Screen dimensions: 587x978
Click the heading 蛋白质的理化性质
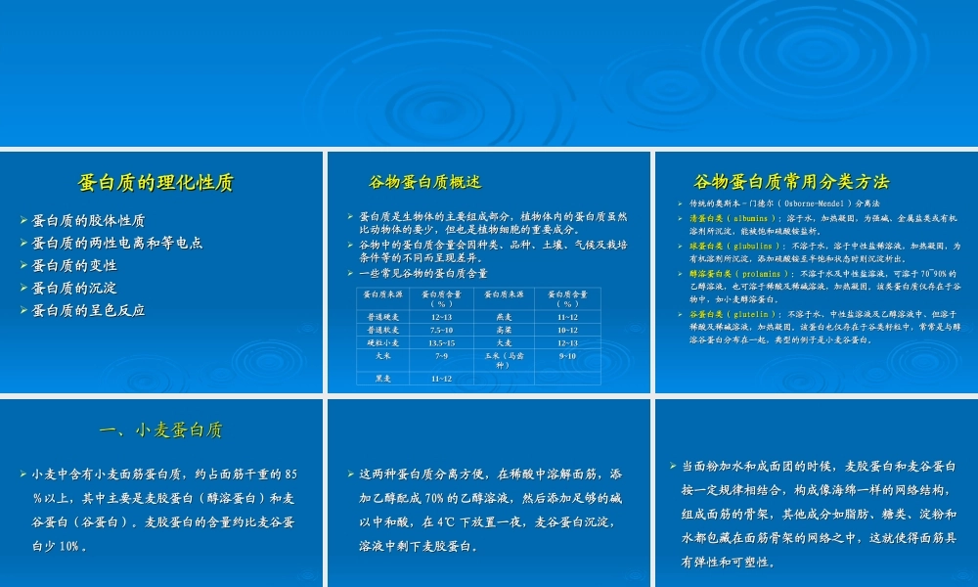(156, 183)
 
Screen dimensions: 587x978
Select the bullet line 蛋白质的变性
(74, 265)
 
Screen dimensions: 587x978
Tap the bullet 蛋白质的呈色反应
(89, 310)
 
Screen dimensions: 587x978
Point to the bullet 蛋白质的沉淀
(74, 288)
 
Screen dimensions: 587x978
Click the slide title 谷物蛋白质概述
(424, 182)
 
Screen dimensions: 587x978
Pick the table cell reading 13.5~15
(441, 343)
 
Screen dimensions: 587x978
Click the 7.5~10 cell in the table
(441, 330)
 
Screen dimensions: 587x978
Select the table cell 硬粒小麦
(382, 343)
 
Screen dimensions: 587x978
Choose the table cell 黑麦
(382, 379)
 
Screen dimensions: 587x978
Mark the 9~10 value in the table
(567, 357)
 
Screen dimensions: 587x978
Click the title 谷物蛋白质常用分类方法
(791, 182)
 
